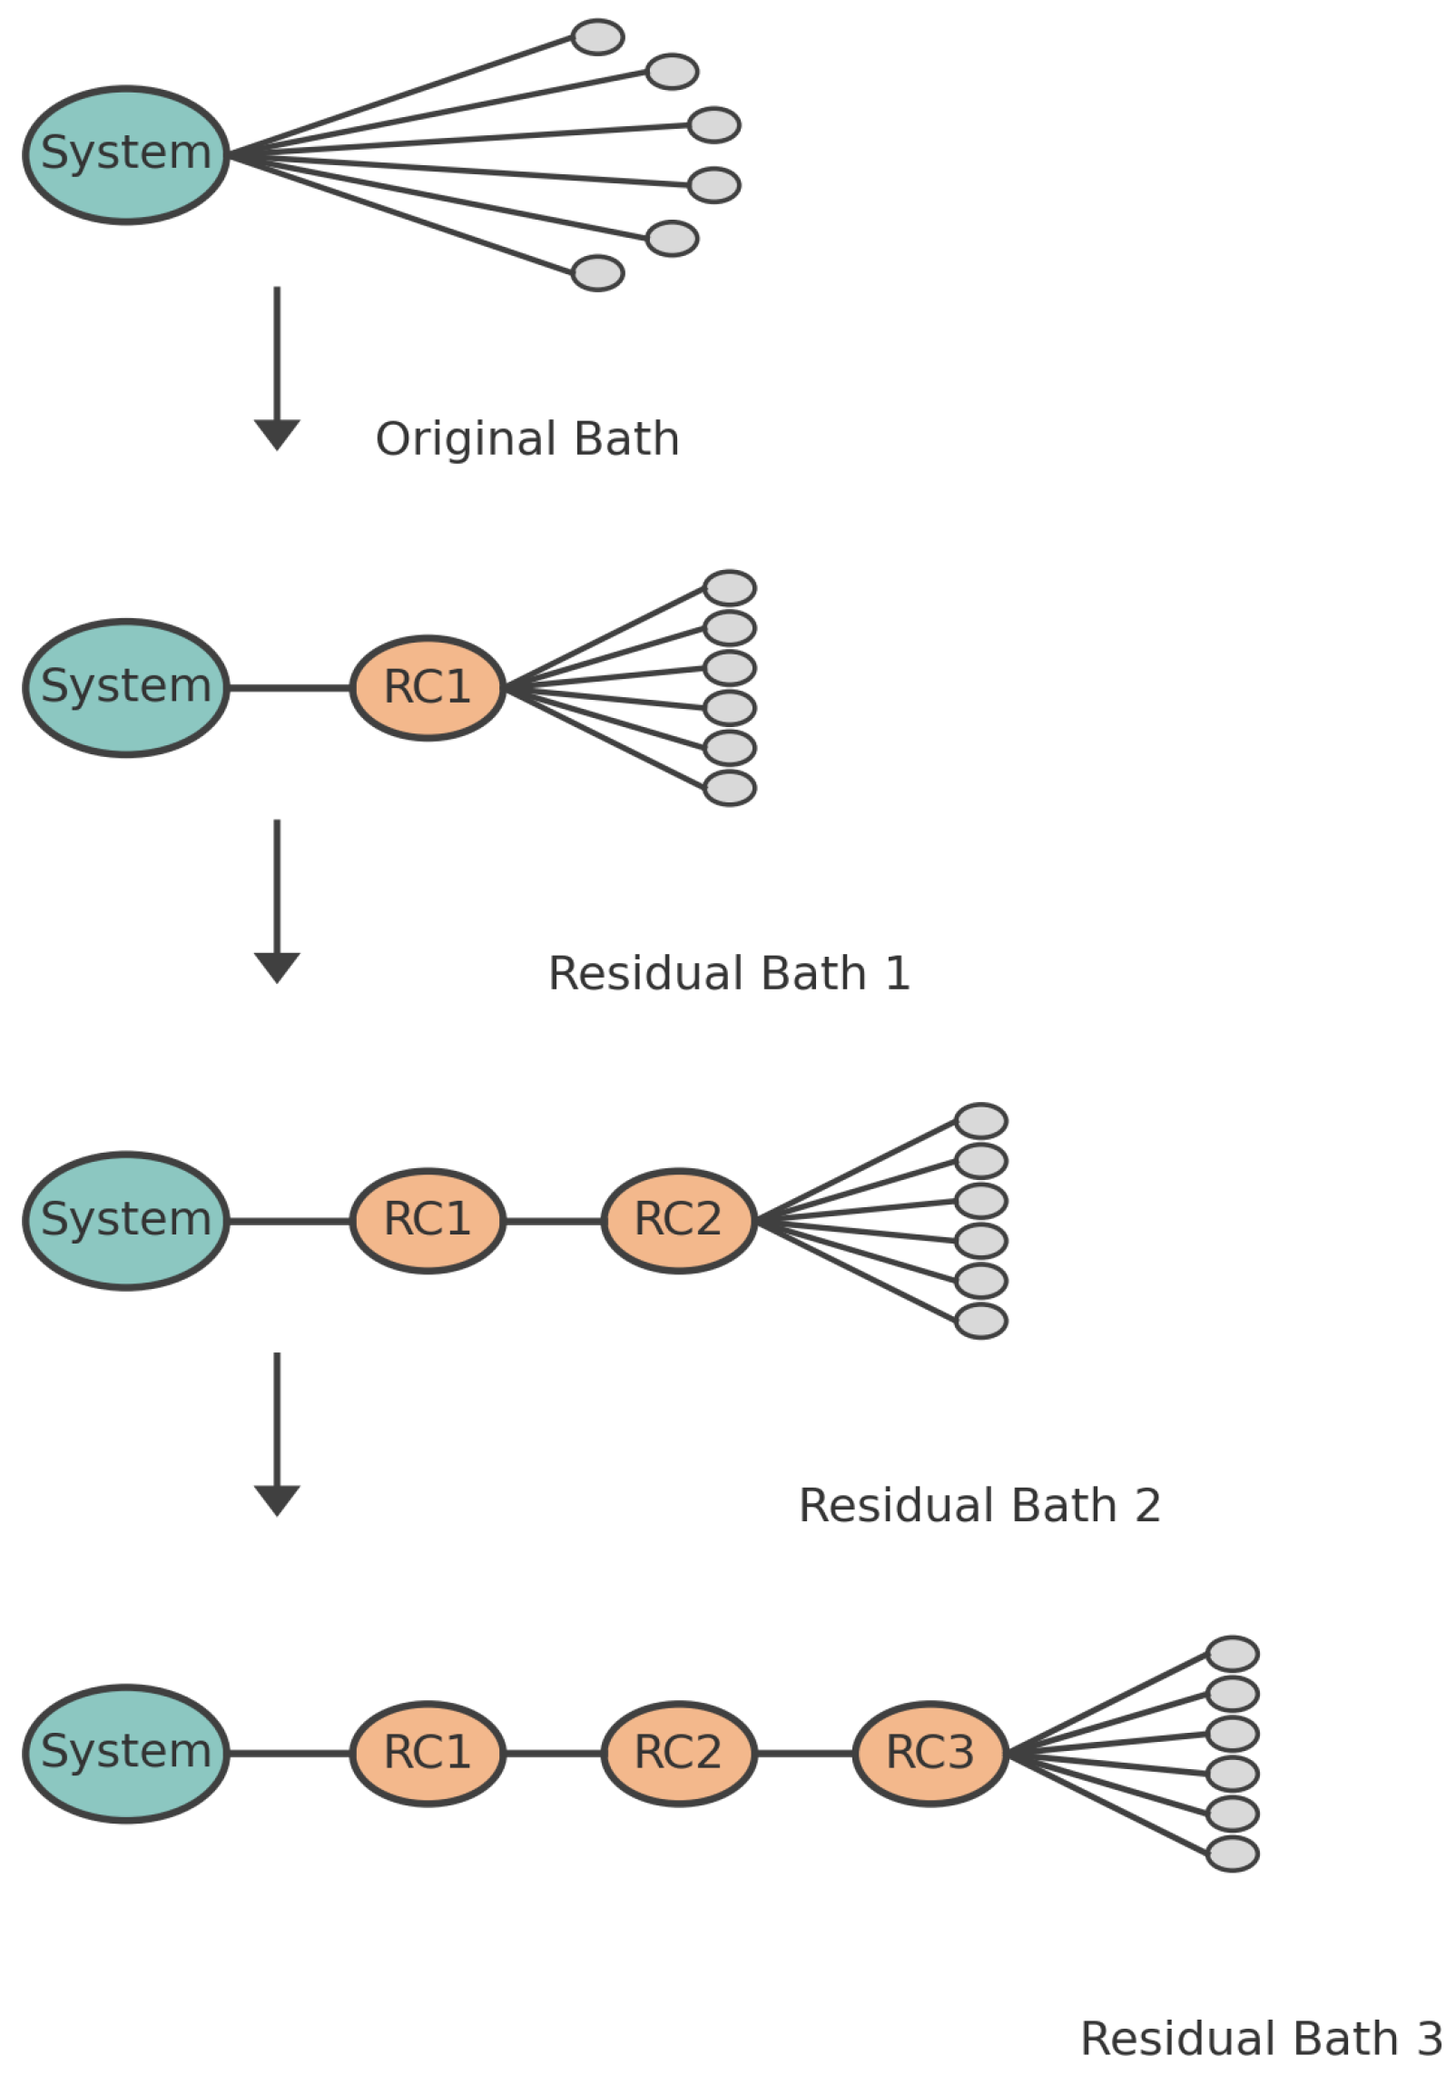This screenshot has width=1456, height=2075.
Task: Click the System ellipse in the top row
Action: pos(126,155)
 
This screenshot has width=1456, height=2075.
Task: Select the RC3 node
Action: pos(930,1754)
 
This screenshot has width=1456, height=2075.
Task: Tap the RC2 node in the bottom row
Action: pos(678,1754)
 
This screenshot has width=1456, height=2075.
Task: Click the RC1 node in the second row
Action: pos(427,688)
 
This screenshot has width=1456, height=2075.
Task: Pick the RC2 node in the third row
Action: pos(678,1221)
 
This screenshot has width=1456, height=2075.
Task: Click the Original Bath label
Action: pos(526,439)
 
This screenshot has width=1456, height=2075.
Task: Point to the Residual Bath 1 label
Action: pos(728,973)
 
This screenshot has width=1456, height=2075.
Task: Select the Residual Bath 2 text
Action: pos(979,1506)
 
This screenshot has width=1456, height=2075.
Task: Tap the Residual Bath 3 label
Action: pos(1260,2039)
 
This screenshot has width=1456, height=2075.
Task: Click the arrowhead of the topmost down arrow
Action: pos(277,434)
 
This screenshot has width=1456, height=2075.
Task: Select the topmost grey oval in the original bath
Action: pos(597,37)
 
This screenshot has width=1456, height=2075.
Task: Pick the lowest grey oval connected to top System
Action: pos(597,273)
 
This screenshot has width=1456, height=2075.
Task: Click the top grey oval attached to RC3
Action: pos(1232,1654)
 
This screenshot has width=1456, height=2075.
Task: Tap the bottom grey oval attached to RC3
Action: pos(1232,1854)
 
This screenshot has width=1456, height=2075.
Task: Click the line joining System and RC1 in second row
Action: pos(289,688)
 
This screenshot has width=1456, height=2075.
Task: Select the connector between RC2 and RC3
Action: pos(804,1754)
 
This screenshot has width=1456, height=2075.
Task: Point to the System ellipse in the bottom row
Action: pos(126,1754)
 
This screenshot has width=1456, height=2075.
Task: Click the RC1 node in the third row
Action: pos(427,1221)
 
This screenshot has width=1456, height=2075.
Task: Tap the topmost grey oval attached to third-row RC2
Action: pos(980,1121)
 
